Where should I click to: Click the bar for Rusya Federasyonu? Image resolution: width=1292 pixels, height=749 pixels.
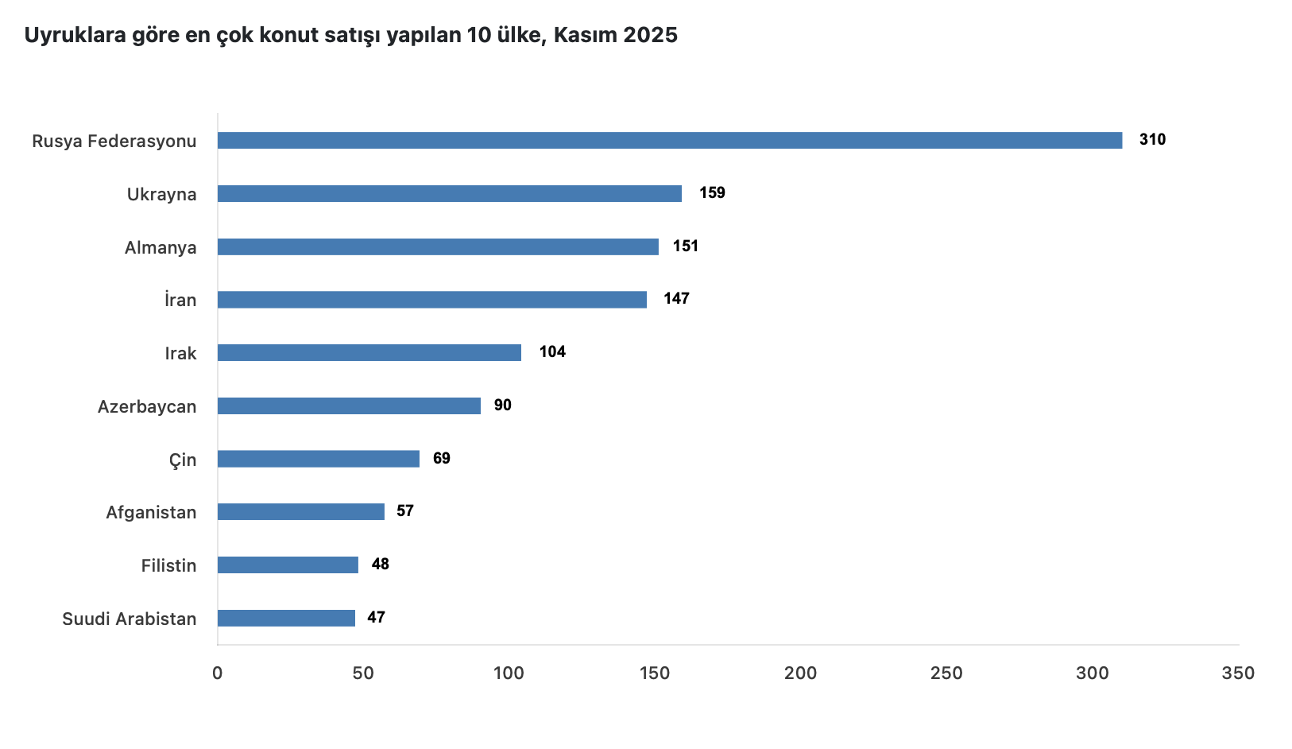point(669,141)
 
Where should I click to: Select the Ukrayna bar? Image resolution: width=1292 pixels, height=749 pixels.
point(449,194)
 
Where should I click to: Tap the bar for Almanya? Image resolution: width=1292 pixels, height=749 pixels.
point(438,247)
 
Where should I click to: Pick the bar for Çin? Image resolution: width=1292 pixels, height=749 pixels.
point(318,459)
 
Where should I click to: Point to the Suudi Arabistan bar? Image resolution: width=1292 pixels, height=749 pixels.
point(286,618)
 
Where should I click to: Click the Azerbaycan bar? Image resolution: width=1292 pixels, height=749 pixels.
point(349,406)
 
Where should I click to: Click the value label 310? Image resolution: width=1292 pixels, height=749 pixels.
point(1152,140)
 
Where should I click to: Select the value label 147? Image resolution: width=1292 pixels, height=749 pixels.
point(676,299)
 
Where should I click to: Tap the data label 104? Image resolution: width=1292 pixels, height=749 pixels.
point(552,352)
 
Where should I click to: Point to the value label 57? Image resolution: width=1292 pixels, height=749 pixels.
point(405,511)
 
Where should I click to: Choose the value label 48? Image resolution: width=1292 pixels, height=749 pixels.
point(381,565)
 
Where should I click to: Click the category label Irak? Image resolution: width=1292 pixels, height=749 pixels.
point(180,354)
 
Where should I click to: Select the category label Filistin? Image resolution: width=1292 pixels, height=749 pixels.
point(168,566)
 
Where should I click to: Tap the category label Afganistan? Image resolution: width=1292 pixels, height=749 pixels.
point(151,513)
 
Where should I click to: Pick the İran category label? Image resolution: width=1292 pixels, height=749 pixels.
point(180,300)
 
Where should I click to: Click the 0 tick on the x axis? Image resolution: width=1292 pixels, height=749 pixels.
point(218,673)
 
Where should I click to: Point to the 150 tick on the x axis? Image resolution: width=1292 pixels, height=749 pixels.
point(655,673)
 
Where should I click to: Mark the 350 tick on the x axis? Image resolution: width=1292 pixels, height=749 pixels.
point(1238,673)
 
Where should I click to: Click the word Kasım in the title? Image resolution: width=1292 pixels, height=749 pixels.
point(585,35)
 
